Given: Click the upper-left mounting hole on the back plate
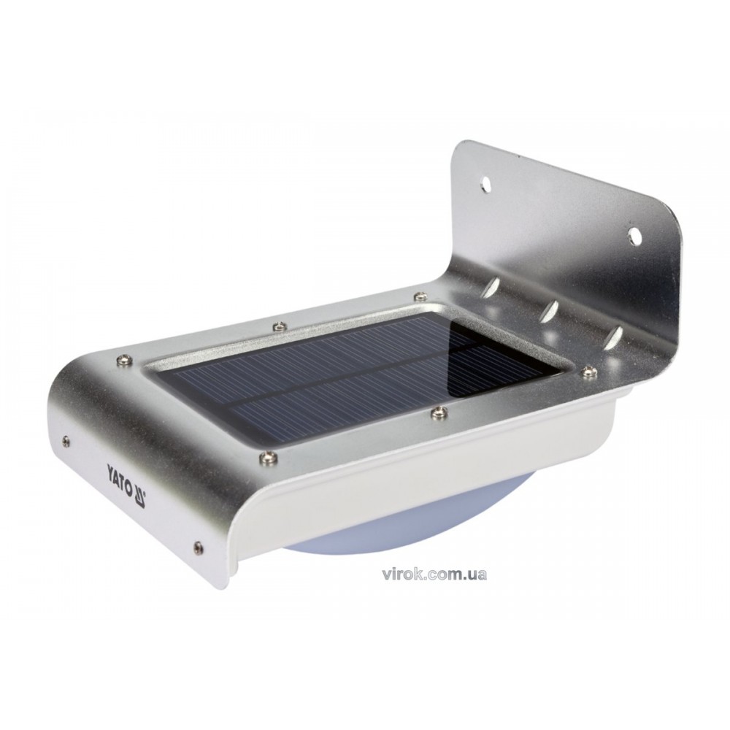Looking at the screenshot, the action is pos(486,184).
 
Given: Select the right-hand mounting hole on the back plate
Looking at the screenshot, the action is pos(635,235).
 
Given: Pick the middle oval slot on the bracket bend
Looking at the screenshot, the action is pos(550,309).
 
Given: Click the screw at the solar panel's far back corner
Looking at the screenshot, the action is pos(420,296).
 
